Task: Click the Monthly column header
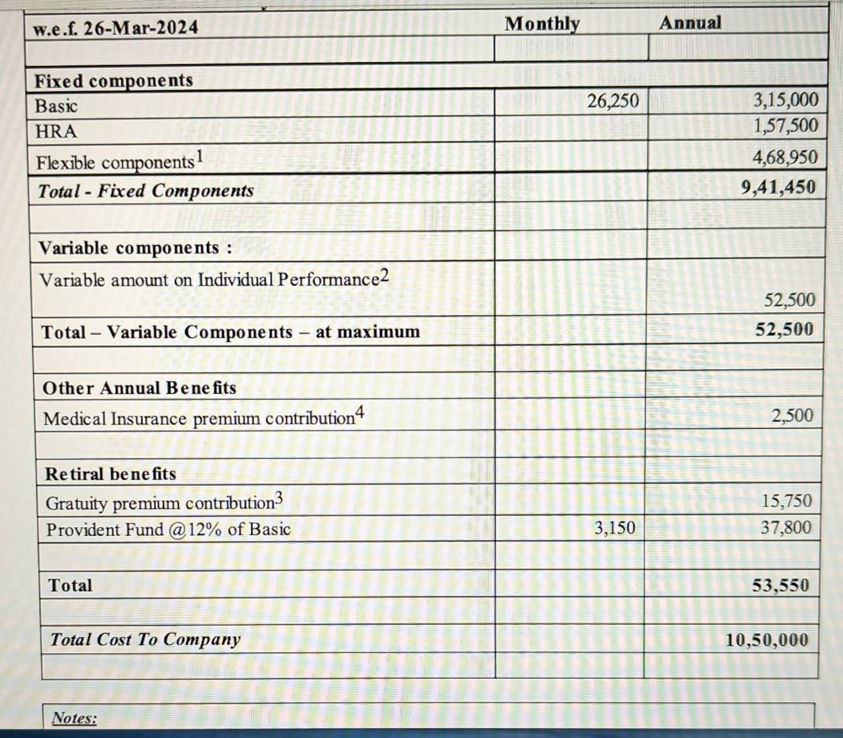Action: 542,24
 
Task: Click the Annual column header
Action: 690,23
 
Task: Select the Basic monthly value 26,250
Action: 612,101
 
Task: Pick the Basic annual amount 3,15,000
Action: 786,100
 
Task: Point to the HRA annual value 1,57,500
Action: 786,125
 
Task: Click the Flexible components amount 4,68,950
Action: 785,157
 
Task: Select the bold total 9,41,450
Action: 778,188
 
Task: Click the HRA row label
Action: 56,132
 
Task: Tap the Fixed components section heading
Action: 114,81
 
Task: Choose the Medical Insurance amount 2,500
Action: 792,415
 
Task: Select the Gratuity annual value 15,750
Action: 786,501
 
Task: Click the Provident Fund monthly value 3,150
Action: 614,527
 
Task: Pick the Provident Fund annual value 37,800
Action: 786,527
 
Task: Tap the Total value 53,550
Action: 780,585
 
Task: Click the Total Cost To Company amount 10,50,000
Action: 766,640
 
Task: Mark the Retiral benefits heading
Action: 110,474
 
